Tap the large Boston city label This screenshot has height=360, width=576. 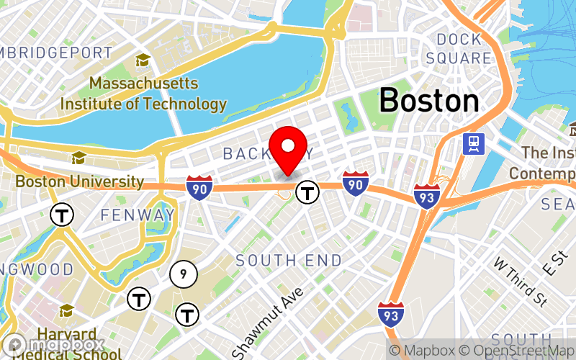[429, 100]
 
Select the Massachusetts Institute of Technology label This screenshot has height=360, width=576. [143, 94]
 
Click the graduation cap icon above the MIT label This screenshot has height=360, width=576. [143, 60]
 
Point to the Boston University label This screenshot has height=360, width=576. [79, 181]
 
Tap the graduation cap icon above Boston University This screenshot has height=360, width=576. [78, 158]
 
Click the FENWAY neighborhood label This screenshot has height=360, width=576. [138, 215]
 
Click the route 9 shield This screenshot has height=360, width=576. [184, 274]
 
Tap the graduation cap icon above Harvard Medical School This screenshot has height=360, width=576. [67, 310]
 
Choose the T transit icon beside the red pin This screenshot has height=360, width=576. [308, 192]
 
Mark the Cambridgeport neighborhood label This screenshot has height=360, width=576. [56, 53]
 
